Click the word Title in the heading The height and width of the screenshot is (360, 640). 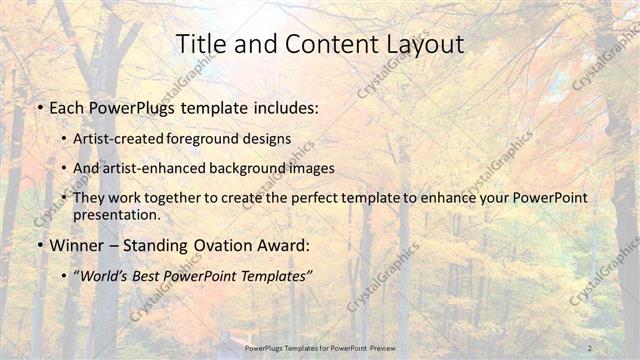(200, 44)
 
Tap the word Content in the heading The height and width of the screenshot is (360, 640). (317, 44)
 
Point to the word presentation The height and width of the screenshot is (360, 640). (116, 214)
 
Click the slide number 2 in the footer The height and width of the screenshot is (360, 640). (591, 347)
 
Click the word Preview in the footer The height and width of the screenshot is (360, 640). (393, 347)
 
